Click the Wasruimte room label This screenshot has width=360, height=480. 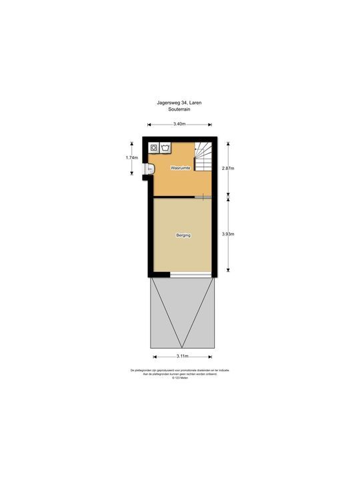181,168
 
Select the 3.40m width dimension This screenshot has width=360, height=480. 179,124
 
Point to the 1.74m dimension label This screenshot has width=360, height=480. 131,157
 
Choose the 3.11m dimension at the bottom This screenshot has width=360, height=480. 182,356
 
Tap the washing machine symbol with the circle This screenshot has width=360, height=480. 154,147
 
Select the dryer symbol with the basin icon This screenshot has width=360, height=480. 164,147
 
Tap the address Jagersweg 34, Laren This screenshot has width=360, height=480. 180,102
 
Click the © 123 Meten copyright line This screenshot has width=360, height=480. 180,378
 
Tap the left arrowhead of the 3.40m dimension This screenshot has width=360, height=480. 149,124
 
